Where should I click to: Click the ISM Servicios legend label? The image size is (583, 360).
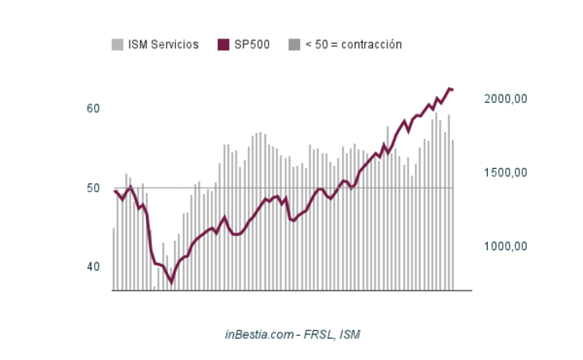click(163, 45)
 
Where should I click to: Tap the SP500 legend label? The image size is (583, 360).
click(252, 45)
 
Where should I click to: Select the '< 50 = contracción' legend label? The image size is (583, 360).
click(353, 45)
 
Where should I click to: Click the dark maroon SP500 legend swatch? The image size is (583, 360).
click(224, 45)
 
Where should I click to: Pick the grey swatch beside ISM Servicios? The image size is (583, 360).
click(117, 45)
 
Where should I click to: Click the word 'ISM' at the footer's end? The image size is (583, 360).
click(350, 334)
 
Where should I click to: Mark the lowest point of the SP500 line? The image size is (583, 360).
click(171, 282)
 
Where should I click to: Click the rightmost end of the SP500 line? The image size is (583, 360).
click(453, 89)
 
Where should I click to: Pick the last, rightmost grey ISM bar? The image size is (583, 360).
click(453, 215)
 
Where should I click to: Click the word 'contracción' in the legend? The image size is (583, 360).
click(371, 45)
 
